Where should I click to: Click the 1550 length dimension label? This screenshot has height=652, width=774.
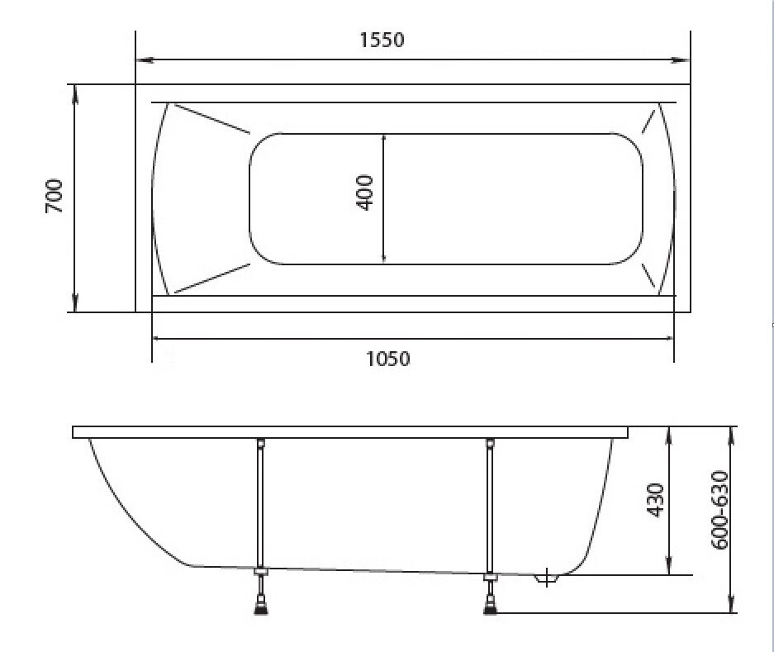tap(382, 40)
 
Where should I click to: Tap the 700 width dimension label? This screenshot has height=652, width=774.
tap(55, 196)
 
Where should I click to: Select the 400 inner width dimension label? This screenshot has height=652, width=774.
tap(365, 193)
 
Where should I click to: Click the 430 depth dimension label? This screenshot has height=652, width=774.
tap(656, 500)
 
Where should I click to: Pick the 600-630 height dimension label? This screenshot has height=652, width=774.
tap(719, 510)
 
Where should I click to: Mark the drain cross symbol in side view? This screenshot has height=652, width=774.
tap(547, 578)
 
